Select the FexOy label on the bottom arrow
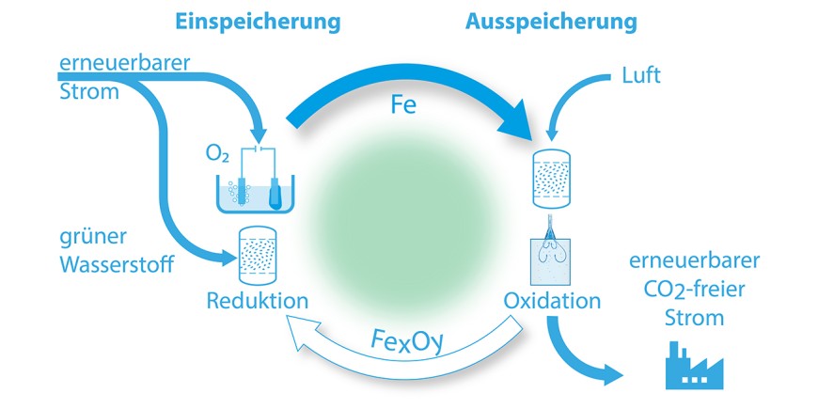click(x=405, y=335)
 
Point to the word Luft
click(x=642, y=75)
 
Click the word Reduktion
click(x=258, y=302)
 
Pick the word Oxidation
click(x=552, y=302)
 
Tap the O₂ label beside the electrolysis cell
click(x=216, y=154)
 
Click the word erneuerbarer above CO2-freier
click(x=695, y=260)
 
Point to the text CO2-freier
click(x=695, y=290)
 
